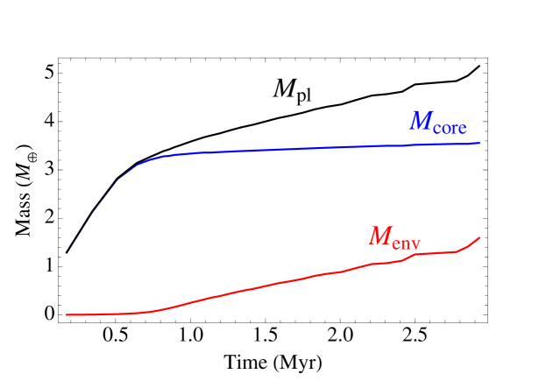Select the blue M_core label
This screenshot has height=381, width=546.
coord(438,122)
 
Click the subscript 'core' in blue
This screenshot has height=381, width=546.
coord(450,127)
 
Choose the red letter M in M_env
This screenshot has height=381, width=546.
coord(379,236)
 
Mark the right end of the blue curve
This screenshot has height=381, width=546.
coord(479,143)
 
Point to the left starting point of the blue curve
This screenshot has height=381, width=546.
coord(66,255)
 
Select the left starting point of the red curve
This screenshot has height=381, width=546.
coord(67,314)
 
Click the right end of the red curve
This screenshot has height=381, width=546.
coord(479,237)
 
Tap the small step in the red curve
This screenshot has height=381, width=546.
coord(408,256)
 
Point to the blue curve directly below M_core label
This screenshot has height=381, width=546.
coord(438,145)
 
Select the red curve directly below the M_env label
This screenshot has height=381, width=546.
coord(395,261)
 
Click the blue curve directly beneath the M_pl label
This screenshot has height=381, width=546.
coord(293,149)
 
